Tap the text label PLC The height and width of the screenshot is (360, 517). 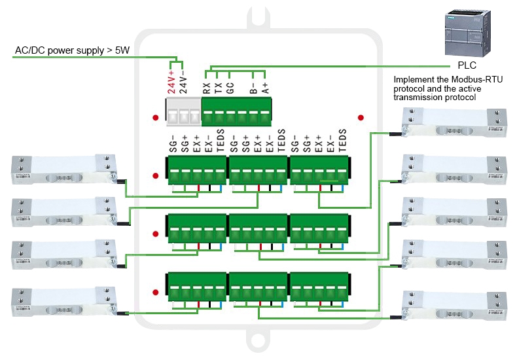pyautogui.click(x=467, y=67)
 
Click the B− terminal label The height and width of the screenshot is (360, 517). pyautogui.click(x=253, y=88)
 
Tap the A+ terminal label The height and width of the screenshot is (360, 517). pyautogui.click(x=265, y=88)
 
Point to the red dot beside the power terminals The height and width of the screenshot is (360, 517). pyautogui.click(x=155, y=118)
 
